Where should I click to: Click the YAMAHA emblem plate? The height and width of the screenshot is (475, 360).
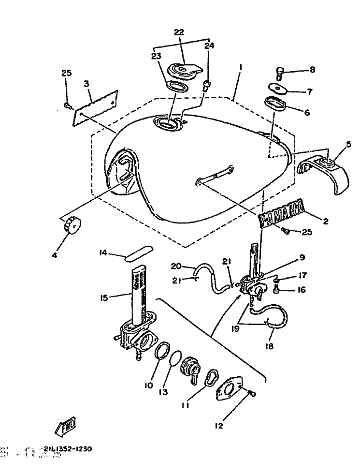[x=282, y=215]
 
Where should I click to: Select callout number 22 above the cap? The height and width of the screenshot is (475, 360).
[x=179, y=32]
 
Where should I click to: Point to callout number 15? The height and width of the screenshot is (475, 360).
[x=104, y=297]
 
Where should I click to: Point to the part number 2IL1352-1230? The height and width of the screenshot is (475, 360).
[x=67, y=449]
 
